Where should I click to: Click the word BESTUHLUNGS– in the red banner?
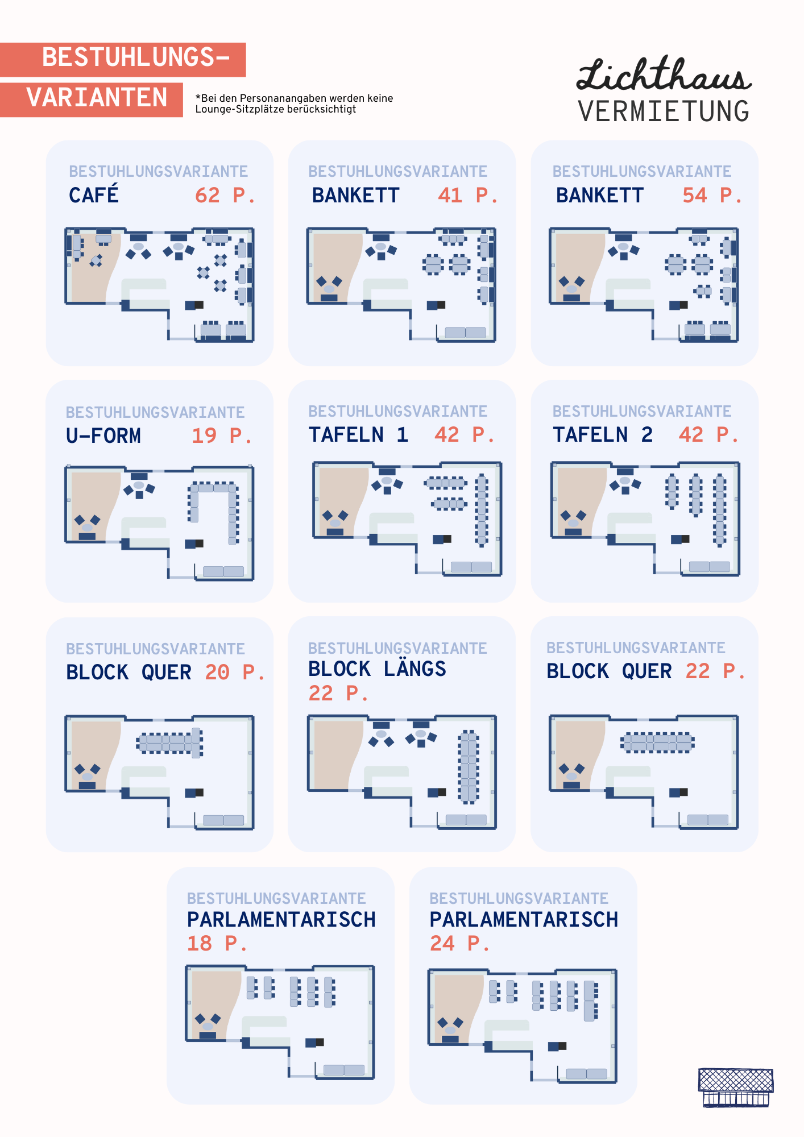(x=136, y=57)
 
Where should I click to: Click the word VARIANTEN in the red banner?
(x=97, y=98)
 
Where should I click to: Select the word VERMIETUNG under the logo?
(x=664, y=111)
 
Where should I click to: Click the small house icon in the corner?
(x=736, y=1088)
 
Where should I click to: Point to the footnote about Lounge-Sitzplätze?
(x=294, y=103)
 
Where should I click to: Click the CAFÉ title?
(x=94, y=194)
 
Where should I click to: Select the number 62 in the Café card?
(x=207, y=196)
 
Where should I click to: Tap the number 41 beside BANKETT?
(x=450, y=196)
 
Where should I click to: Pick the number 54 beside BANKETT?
(x=694, y=196)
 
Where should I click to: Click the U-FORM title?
(x=103, y=436)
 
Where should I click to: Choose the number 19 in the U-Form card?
(x=204, y=436)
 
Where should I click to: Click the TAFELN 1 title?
(x=358, y=435)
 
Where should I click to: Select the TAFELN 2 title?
(x=603, y=435)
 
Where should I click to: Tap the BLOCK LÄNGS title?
(x=377, y=669)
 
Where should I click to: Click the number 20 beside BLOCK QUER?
(x=217, y=673)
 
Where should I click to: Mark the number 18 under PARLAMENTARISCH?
(x=199, y=944)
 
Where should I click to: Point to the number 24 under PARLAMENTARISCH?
(x=442, y=944)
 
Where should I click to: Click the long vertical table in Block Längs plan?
(x=469, y=767)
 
